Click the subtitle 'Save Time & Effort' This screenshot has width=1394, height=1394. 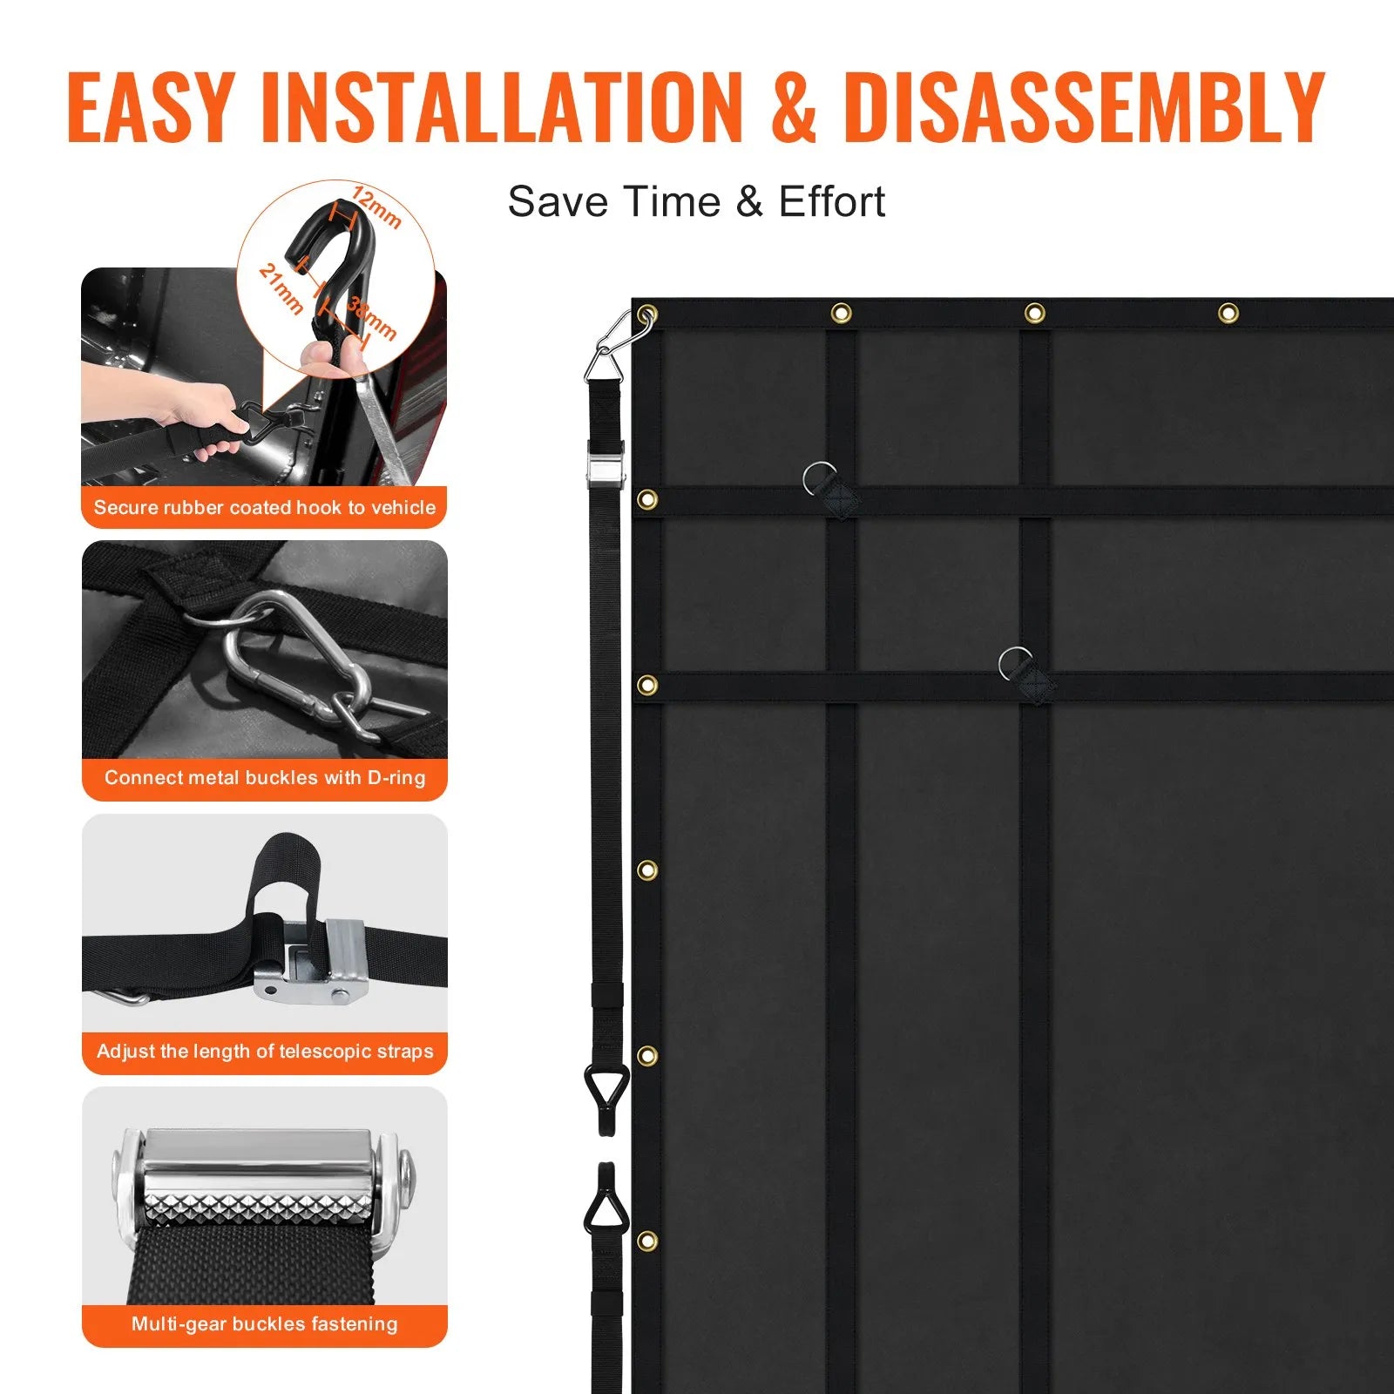click(696, 202)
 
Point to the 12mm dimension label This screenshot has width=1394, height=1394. click(376, 206)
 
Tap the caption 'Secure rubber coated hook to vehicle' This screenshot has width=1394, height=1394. click(265, 507)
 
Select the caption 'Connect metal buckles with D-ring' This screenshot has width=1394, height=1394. click(265, 777)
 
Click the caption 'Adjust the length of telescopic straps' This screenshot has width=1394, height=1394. click(265, 1051)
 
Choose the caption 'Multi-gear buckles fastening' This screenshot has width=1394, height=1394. click(265, 1323)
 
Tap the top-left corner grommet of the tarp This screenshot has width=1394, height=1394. click(646, 313)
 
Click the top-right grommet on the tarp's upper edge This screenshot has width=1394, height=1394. click(1228, 312)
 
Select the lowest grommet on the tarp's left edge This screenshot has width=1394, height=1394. click(646, 1241)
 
